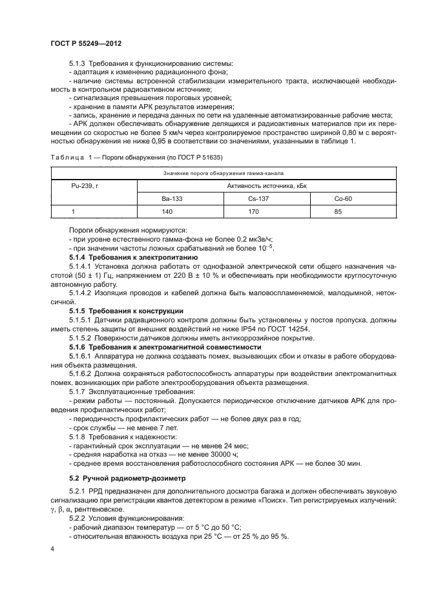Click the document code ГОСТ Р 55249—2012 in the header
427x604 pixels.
(x=86, y=43)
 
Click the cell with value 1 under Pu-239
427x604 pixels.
(x=73, y=212)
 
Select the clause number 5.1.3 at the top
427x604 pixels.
(x=78, y=63)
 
